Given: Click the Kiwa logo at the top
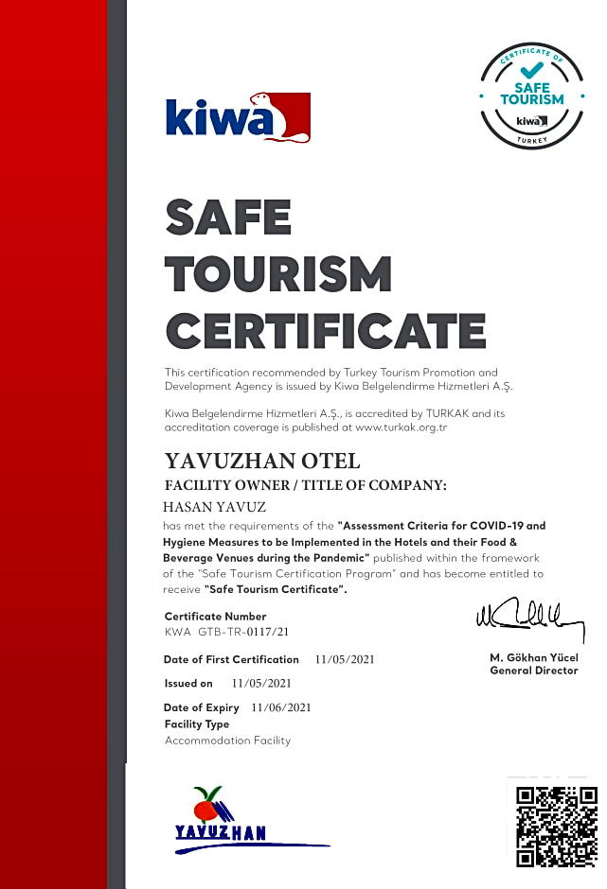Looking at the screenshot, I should [238, 117].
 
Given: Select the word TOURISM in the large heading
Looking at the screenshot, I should [278, 275].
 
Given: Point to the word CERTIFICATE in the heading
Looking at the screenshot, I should [325, 332].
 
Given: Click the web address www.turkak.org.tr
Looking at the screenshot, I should [401, 428].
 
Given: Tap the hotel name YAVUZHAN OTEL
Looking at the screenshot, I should [262, 462].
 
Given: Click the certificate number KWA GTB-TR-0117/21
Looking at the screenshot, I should [226, 631].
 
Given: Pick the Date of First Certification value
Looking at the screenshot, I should [345, 659].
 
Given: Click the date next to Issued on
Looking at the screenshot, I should [261, 683].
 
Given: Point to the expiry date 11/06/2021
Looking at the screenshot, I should [281, 707].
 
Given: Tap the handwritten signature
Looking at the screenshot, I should [528, 619].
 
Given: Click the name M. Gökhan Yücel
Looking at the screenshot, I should [533, 657].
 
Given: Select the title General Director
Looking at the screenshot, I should [533, 671].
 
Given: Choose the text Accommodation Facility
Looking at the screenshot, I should [227, 741].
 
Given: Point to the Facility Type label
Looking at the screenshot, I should [197, 724].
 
